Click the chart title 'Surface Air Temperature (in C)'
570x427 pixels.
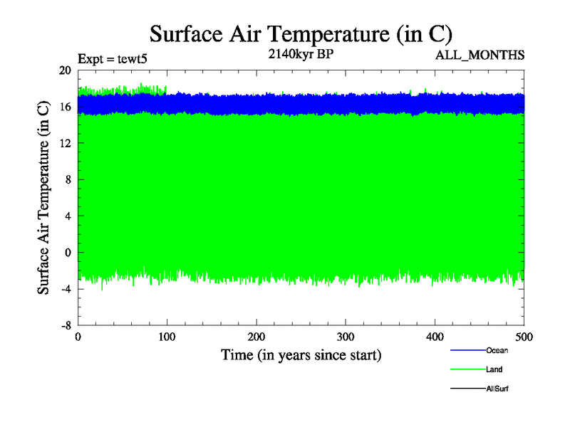(301, 33)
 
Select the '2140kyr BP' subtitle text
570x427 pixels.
(301, 53)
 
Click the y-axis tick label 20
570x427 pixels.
(65, 70)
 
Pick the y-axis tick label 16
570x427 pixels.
(65, 107)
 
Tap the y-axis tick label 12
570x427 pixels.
(65, 143)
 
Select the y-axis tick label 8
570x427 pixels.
(68, 179)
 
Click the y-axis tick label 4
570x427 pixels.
(68, 216)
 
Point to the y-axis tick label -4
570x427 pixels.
(66, 288)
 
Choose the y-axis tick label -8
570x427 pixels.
(66, 325)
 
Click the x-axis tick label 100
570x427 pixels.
(167, 336)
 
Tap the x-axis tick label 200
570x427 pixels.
(256, 336)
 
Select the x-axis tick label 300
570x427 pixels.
(346, 336)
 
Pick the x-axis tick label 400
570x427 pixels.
(435, 336)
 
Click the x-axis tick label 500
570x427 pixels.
(524, 336)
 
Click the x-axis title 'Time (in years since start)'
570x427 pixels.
(301, 354)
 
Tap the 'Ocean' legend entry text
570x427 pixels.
(497, 350)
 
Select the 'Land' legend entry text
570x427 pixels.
(494, 369)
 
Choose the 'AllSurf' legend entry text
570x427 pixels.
(497, 389)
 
